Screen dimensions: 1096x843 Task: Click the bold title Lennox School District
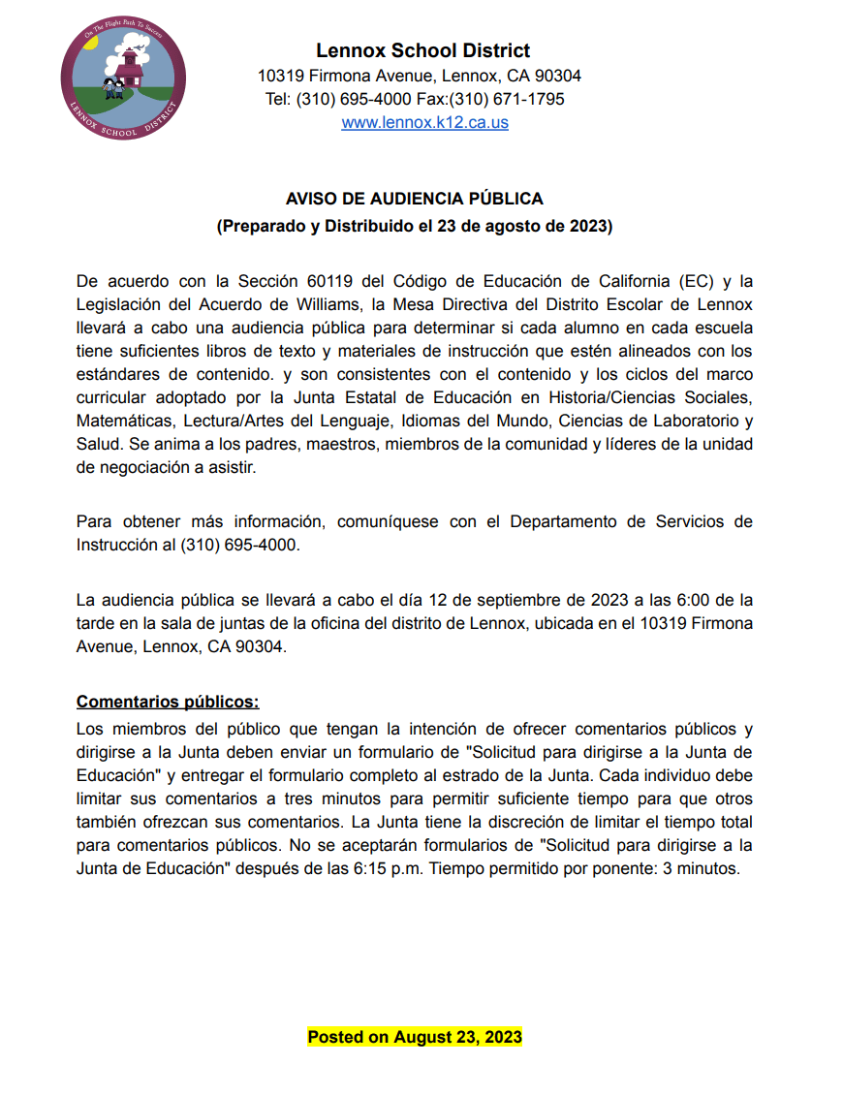click(422, 51)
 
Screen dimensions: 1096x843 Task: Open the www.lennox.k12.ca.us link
click(424, 123)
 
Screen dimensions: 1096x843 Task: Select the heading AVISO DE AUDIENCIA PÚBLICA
click(414, 199)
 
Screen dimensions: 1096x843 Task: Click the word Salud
click(97, 445)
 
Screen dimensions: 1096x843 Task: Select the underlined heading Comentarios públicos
click(168, 702)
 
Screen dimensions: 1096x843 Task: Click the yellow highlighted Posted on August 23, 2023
click(415, 1037)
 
